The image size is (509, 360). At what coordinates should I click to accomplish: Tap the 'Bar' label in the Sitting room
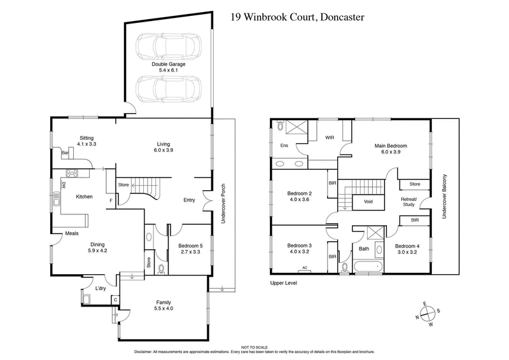pyautogui.click(x=65, y=153)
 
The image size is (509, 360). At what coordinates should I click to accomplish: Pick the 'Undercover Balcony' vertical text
pyautogui.click(x=445, y=196)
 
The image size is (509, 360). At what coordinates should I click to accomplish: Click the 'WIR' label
pyautogui.click(x=330, y=137)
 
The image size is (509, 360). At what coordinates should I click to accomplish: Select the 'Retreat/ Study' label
pyautogui.click(x=408, y=202)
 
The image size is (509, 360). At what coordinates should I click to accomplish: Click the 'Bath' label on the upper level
pyautogui.click(x=363, y=249)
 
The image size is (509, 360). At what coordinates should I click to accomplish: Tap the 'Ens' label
pyautogui.click(x=284, y=146)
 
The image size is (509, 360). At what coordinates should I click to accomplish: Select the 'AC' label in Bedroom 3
pyautogui.click(x=304, y=268)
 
